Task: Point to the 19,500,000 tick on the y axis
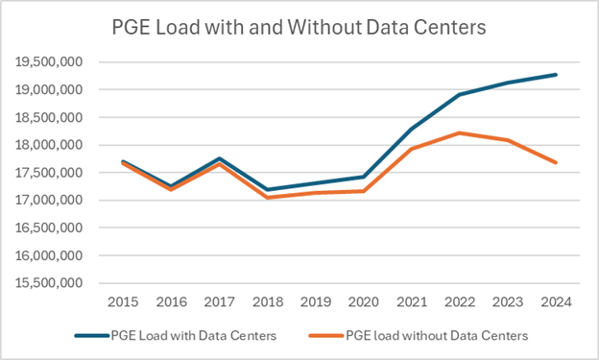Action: [51, 62]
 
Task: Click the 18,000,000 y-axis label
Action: [51, 146]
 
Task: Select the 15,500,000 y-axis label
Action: [51, 284]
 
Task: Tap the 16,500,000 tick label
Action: [51, 228]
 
